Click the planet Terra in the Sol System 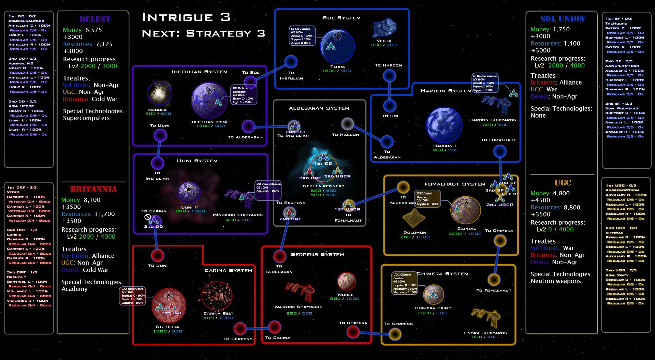click(x=337, y=46)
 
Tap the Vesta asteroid click(x=384, y=29)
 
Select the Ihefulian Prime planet click(x=209, y=100)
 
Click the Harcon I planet click(x=444, y=125)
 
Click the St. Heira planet click(x=169, y=305)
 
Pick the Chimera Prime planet click(x=433, y=294)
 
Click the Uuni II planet click(x=189, y=192)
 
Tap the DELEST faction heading click(x=95, y=19)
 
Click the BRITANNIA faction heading click(x=93, y=189)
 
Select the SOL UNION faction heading click(x=563, y=19)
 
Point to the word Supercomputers click(x=86, y=118)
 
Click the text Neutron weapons click(x=555, y=281)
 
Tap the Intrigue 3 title click(x=186, y=17)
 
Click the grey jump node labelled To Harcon click(x=347, y=124)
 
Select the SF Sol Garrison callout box click(x=302, y=36)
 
